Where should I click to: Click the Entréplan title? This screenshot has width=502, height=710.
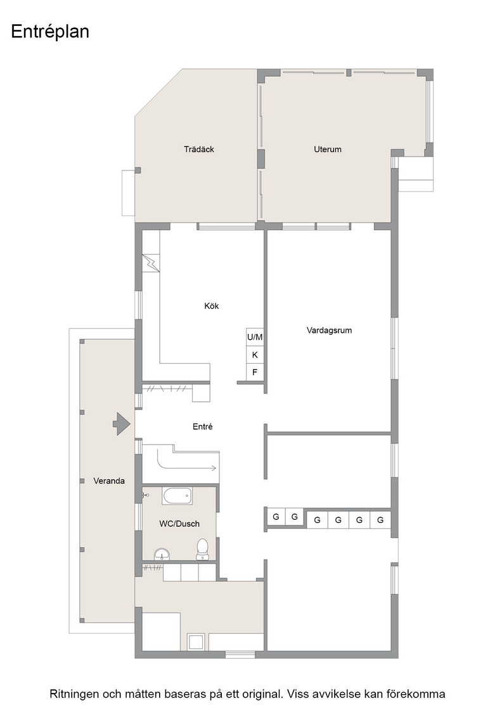click(x=50, y=32)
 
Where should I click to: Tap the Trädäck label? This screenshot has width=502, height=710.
click(x=199, y=149)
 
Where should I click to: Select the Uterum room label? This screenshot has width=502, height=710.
click(x=327, y=149)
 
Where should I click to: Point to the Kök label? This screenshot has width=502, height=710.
click(x=212, y=306)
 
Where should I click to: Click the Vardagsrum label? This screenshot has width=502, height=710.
click(x=329, y=330)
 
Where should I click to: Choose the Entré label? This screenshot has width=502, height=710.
click(x=202, y=427)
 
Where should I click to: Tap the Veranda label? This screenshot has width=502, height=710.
click(x=108, y=481)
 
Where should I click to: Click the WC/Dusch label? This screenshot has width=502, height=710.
click(x=179, y=524)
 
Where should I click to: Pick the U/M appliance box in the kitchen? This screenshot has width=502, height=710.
click(x=255, y=337)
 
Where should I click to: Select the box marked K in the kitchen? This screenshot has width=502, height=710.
click(x=255, y=354)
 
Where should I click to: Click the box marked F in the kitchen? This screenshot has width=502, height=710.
click(x=255, y=373)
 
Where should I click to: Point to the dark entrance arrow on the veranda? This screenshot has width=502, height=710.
click(x=122, y=424)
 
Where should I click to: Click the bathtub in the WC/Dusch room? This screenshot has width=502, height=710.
click(x=177, y=496)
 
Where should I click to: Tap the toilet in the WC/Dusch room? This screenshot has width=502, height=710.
click(x=202, y=549)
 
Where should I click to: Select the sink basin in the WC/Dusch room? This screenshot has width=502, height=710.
click(x=162, y=554)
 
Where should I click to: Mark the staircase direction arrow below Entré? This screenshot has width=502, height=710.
click(x=186, y=463)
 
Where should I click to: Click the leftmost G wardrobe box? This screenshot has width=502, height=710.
click(x=276, y=517)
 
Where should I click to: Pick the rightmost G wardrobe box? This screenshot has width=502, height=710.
click(x=380, y=520)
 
